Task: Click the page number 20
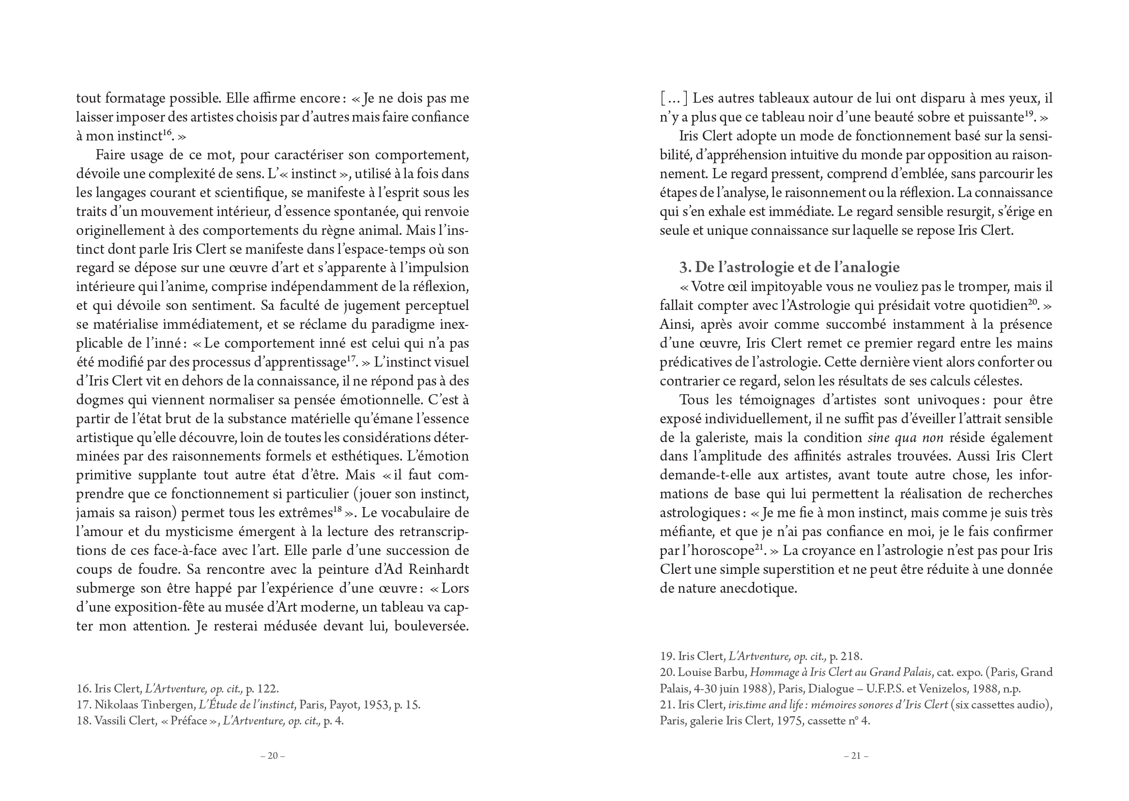[273, 755]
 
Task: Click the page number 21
[856, 755]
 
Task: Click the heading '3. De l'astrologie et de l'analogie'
[789, 267]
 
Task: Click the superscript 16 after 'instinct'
[168, 132]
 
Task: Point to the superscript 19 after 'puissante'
[1029, 113]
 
